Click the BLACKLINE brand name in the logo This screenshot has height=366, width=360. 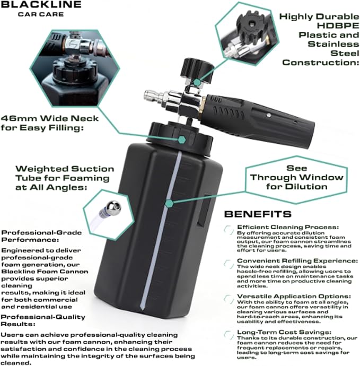41,4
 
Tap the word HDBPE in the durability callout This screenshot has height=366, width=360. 338,25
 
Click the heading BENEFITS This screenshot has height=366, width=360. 258,214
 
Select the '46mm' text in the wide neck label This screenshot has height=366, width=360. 19,118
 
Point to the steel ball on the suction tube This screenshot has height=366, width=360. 113,207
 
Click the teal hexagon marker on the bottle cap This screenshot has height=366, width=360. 182,140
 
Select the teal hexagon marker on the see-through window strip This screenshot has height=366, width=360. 169,203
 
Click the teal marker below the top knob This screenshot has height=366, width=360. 197,82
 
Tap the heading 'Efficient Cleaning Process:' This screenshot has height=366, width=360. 288,227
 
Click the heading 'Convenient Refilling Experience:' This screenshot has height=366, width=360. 297,260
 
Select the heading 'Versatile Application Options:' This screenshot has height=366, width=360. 294,296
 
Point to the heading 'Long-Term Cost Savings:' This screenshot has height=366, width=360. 284,332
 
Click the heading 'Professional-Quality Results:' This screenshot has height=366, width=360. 43,320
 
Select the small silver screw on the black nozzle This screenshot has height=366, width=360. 269,115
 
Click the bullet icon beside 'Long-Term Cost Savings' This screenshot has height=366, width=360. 229,335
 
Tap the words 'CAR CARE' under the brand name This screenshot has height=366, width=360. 41,14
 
